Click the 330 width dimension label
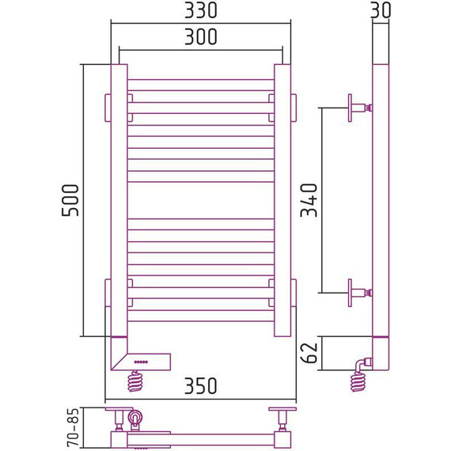pyautogui.click(x=200, y=10)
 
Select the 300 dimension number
pyautogui.click(x=200, y=37)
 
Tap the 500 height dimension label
pyautogui.click(x=70, y=200)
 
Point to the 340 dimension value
pyautogui.click(x=309, y=200)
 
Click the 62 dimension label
pyautogui.click(x=309, y=353)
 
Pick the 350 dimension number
pyautogui.click(x=200, y=386)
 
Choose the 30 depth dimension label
pyautogui.click(x=381, y=10)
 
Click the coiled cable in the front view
pyautogui.click(x=135, y=381)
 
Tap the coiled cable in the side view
pyautogui.click(x=358, y=381)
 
